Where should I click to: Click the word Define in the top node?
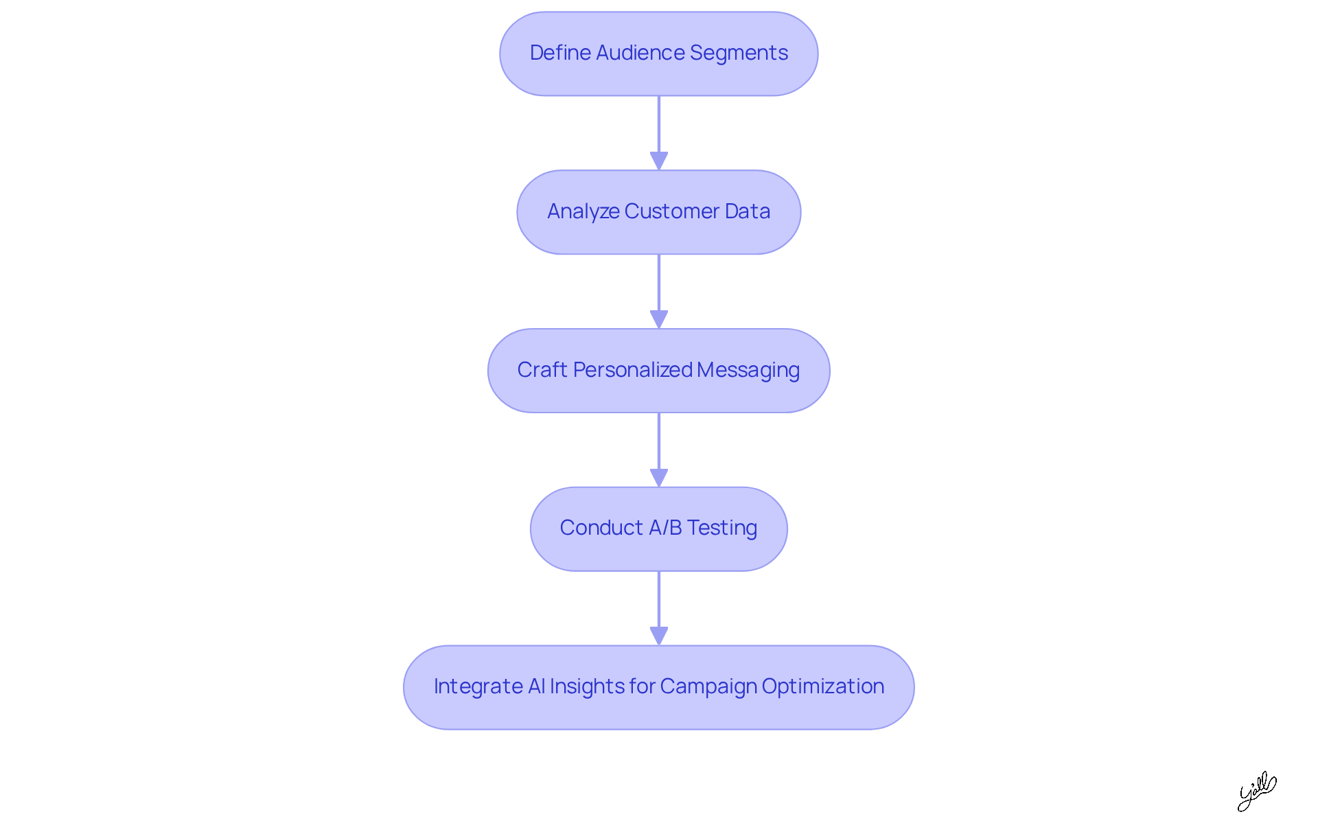tap(560, 53)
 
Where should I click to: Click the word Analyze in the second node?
tap(583, 211)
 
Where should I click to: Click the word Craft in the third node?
tap(542, 370)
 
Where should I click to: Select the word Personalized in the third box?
tap(632, 370)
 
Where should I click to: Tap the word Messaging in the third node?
tap(748, 371)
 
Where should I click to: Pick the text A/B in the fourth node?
tap(665, 528)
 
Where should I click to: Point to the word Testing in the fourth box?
tap(722, 529)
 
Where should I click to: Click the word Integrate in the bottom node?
tap(478, 686)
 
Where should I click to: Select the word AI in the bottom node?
tap(536, 686)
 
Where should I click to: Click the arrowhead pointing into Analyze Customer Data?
tap(659, 161)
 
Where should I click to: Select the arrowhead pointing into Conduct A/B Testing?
tap(659, 478)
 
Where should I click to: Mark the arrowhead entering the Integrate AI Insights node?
tap(659, 636)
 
